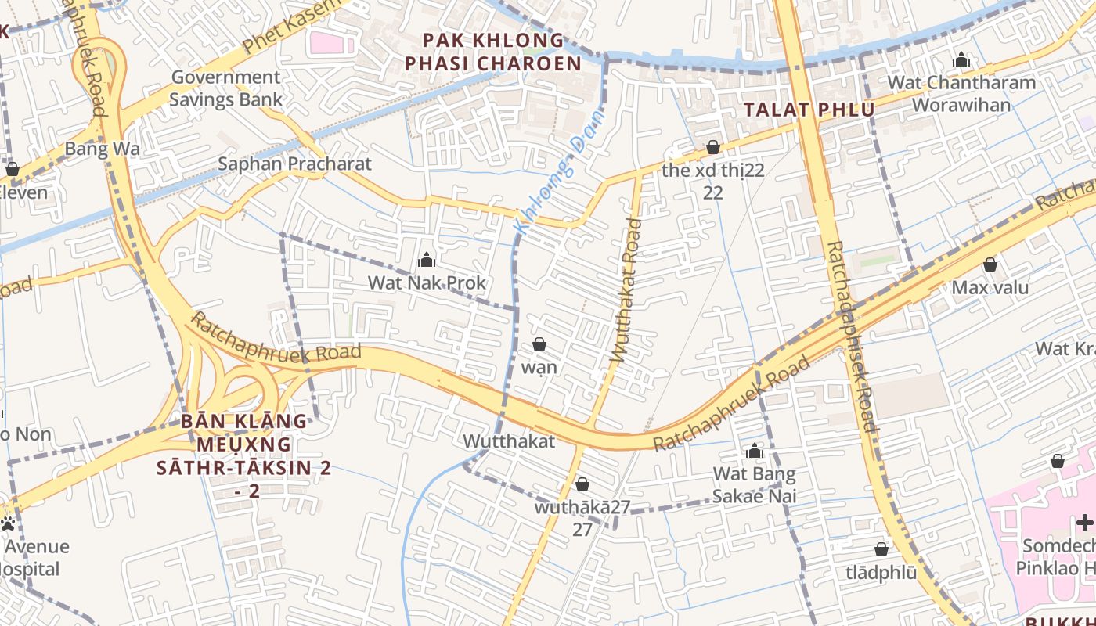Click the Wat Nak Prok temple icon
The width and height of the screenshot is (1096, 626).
pyautogui.click(x=427, y=259)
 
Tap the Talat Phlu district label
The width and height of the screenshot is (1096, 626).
pyautogui.click(x=809, y=110)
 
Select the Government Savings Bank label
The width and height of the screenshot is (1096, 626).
pyautogui.click(x=225, y=88)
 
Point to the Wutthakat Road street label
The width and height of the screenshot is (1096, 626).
pyautogui.click(x=626, y=290)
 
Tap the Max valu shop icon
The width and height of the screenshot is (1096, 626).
pyautogui.click(x=990, y=264)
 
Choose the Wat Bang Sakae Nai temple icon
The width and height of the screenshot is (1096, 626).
pyautogui.click(x=755, y=451)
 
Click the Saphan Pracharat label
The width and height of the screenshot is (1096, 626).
pyautogui.click(x=294, y=164)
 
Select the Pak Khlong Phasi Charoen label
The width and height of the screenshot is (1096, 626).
pyautogui.click(x=492, y=52)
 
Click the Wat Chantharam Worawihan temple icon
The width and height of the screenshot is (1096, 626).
pyautogui.click(x=961, y=59)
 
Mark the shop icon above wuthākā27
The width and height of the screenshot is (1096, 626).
pyautogui.click(x=582, y=484)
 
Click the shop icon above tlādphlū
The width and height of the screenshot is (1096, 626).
pyautogui.click(x=881, y=549)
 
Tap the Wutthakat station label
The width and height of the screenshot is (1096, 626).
pyautogui.click(x=509, y=441)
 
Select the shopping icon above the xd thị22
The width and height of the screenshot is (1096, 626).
pyautogui.click(x=712, y=147)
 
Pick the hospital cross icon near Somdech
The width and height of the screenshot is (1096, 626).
pyautogui.click(x=1084, y=523)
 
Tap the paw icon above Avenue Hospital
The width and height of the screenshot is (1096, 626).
pyautogui.click(x=9, y=523)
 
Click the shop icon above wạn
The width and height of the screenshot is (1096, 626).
pyautogui.click(x=539, y=344)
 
